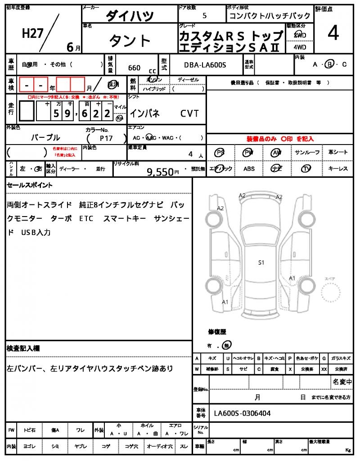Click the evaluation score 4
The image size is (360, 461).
point(333,34)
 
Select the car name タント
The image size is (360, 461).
point(130,41)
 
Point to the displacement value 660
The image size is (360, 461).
point(134,68)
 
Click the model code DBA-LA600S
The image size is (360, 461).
point(205,65)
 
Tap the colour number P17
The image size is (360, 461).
point(107,139)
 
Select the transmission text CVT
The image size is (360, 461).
point(189,113)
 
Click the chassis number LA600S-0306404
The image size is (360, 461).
point(242,413)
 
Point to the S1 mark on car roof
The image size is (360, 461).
point(261,262)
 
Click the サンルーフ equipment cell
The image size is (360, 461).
point(307,152)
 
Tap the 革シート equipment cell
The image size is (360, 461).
point(337,152)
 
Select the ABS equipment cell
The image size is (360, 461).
point(249,169)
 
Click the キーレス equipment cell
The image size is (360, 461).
point(337,169)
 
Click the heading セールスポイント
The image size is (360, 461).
point(29,185)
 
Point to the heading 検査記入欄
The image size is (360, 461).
point(23,348)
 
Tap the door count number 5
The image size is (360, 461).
point(205,16)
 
